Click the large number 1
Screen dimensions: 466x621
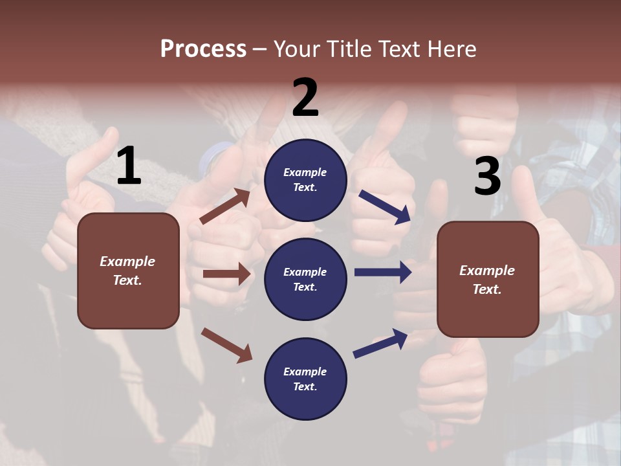(129, 166)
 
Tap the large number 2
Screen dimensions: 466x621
(305, 98)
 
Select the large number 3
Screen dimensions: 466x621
(487, 177)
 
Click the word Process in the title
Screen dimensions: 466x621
(203, 49)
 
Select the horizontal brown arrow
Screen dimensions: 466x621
(226, 274)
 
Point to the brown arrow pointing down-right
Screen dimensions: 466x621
(226, 344)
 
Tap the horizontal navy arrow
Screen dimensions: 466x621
(382, 272)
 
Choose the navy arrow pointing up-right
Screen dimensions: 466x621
(380, 344)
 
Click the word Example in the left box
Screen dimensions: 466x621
(127, 261)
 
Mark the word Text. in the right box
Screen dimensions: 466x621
(487, 289)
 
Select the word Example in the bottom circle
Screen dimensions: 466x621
(305, 372)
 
